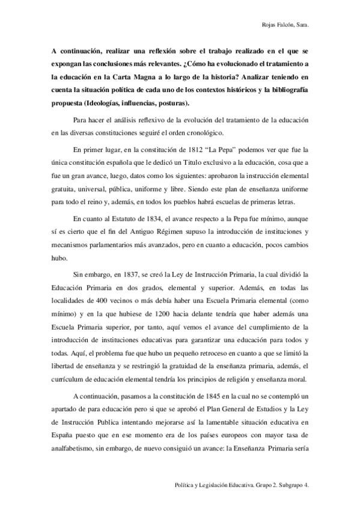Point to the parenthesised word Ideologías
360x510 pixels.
102,102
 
